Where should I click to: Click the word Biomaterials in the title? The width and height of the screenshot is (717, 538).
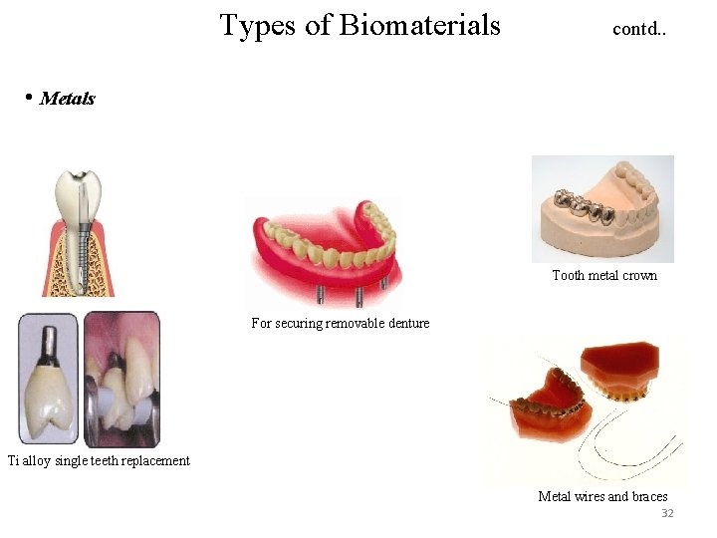[419, 25]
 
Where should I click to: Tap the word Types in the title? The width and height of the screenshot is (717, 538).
[259, 26]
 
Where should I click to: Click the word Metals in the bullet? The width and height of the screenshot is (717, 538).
[68, 98]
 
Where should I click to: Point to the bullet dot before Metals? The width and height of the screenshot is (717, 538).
[30, 97]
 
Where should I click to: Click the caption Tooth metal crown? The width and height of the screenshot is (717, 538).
[604, 275]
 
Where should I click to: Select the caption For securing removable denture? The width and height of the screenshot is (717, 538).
[341, 323]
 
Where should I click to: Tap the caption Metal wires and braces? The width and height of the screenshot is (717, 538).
[602, 496]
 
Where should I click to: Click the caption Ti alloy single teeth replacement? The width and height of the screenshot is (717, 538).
[99, 459]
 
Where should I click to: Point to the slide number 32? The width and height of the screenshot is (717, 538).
[667, 513]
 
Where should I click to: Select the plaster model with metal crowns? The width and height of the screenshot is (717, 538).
[602, 208]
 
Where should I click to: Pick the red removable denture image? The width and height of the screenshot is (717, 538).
[325, 249]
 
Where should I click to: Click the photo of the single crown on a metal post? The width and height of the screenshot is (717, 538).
[48, 379]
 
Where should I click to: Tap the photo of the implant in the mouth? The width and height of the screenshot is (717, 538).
[120, 379]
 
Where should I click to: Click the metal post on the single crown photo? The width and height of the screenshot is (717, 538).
[47, 339]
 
